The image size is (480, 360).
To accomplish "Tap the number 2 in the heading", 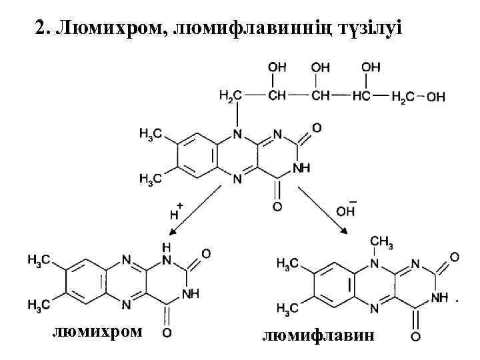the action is [39, 29].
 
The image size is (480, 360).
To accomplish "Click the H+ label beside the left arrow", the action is [177, 211].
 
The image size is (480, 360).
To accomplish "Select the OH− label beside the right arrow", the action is [346, 208].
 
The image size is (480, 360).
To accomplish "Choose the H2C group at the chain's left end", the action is [228, 97].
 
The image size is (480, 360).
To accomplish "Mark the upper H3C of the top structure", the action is [150, 135].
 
